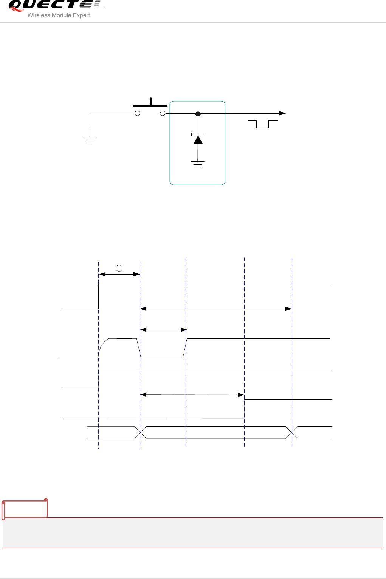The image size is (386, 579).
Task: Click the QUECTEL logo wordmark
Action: [56, 5]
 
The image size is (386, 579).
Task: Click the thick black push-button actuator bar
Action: [150, 105]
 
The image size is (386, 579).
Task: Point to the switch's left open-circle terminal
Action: [138, 113]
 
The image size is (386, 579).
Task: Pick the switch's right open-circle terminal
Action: [163, 113]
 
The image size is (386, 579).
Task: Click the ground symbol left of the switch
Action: [90, 141]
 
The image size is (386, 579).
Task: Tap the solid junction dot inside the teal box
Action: [198, 114]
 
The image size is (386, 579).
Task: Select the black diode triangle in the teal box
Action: [198, 140]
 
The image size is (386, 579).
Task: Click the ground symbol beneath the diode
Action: [198, 164]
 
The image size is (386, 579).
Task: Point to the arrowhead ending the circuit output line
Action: [282, 113]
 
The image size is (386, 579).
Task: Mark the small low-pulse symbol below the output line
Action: [263, 124]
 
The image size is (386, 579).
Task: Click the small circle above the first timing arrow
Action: [119, 268]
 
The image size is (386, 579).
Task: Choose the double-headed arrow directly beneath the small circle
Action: [119, 275]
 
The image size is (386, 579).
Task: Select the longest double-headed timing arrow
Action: [216, 309]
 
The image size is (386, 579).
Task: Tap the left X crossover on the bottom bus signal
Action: [141, 432]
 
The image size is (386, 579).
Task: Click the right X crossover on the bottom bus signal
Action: [292, 432]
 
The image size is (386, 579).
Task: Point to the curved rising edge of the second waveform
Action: [102, 346]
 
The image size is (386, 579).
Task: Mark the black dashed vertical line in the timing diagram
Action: [186, 378]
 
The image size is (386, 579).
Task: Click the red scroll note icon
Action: [25, 509]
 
